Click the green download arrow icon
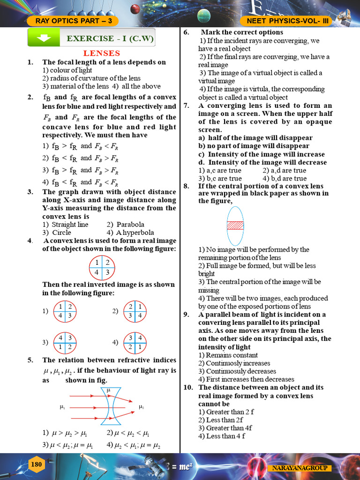(x=44, y=38)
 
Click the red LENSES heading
(x=102, y=53)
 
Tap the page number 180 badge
(x=37, y=465)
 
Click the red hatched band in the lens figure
(x=235, y=225)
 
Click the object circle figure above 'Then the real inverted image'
(x=102, y=268)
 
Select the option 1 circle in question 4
(x=65, y=311)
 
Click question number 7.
(x=186, y=106)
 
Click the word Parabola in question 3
(x=130, y=225)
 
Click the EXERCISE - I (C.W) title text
(x=110, y=38)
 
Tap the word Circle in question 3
(x=61, y=232)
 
